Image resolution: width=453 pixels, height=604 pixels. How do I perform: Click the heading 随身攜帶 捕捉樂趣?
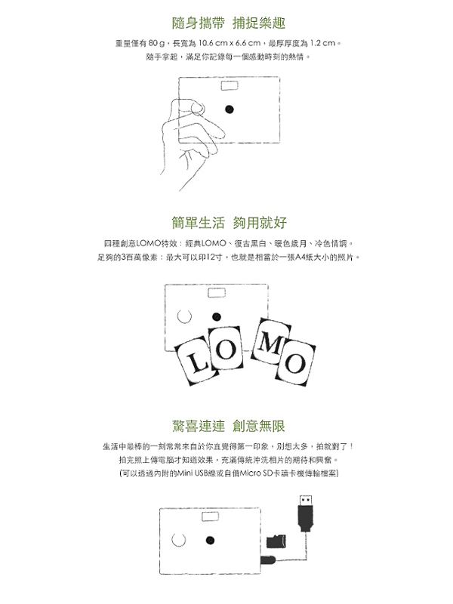tap(229, 23)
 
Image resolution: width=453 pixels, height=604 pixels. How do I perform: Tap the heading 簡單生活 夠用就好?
tap(230, 223)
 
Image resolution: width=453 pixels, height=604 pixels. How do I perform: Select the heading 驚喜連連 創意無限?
tap(229, 426)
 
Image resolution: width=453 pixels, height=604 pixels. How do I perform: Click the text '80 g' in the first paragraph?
tap(156, 43)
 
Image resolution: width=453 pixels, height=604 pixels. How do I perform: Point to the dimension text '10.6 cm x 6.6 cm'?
tap(230, 43)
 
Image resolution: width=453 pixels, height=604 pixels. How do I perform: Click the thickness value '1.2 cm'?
tap(322, 43)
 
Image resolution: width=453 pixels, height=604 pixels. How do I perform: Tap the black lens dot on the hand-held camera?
tap(230, 109)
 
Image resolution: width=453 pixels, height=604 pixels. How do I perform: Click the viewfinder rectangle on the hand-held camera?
tap(230, 85)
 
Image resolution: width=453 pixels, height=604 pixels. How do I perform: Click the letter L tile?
tap(197, 361)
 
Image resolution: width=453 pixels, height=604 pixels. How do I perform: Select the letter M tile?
tap(270, 341)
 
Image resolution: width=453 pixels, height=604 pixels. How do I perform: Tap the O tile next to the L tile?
tap(225, 348)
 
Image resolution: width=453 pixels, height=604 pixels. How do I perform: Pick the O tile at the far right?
tap(294, 362)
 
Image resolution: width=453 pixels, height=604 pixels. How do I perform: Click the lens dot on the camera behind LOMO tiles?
tap(217, 317)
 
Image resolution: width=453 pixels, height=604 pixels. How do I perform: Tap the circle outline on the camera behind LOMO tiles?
tap(184, 316)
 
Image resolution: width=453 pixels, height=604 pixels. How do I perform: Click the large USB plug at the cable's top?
tap(306, 513)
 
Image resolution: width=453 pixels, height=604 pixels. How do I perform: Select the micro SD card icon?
tap(276, 541)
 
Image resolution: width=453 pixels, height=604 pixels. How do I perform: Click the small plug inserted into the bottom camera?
tap(268, 560)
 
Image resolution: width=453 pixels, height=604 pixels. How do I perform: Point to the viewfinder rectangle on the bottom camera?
tap(211, 516)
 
